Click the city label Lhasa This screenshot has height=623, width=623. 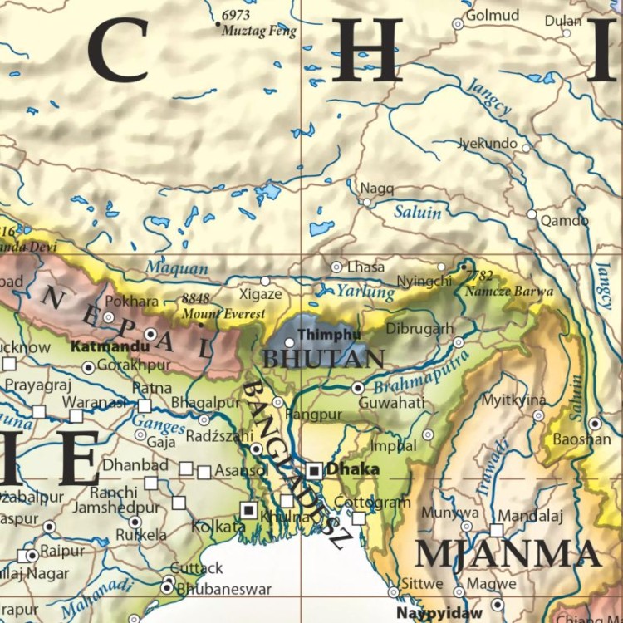[366, 267]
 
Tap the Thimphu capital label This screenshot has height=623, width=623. [329, 334]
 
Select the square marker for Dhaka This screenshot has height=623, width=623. [314, 470]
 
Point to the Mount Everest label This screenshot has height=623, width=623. [224, 314]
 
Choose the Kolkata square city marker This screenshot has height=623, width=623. [248, 509]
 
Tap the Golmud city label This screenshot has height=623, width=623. [492, 16]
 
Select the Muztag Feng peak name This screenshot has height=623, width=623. [258, 31]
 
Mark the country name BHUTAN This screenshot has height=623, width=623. [323, 360]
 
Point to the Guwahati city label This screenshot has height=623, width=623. [391, 403]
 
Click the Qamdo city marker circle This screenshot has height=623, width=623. [532, 214]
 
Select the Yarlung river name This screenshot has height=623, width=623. [365, 292]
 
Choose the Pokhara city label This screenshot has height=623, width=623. [131, 301]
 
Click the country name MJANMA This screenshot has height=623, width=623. [507, 554]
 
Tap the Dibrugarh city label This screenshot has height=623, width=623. [420, 328]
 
